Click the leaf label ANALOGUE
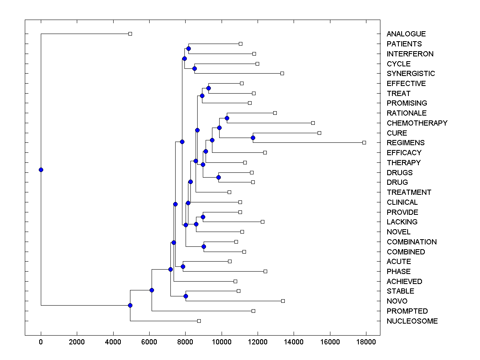coord(406,34)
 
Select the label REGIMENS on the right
coord(406,143)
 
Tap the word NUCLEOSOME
coord(412,321)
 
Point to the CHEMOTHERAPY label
coord(417,123)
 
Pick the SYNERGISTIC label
coord(411,74)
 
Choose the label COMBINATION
coord(412,242)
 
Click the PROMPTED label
coord(407,311)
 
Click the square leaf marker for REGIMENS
coord(364,142)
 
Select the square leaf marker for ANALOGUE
coord(130,34)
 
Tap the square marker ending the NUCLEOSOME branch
coord(199,321)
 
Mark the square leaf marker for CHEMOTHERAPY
coord(313,123)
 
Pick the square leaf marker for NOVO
coord(283,301)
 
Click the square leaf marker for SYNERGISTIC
coord(282,73)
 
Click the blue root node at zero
coord(41,170)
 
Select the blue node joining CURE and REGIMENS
coord(253,138)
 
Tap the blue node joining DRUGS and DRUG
coord(218,177)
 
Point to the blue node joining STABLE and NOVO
coord(186,296)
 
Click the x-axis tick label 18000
coord(366,342)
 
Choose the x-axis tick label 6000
coord(149,342)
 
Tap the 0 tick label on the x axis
coord(41,342)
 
